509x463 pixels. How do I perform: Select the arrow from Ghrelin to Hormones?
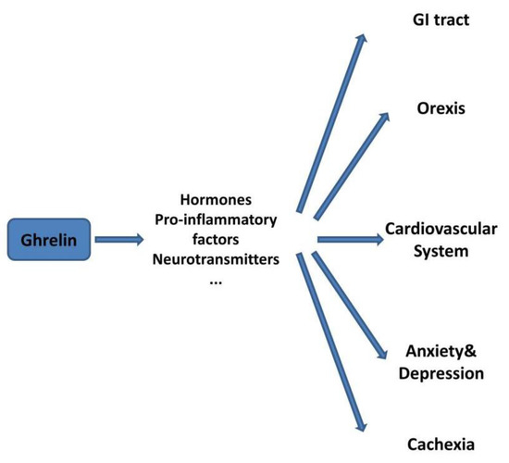pos(118,241)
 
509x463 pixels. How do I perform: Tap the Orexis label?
pos(441,108)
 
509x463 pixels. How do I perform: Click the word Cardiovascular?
pos(442,228)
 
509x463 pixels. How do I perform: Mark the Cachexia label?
pos(440,444)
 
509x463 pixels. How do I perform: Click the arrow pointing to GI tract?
pos(329,120)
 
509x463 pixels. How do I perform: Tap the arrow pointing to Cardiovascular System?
pos(350,239)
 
